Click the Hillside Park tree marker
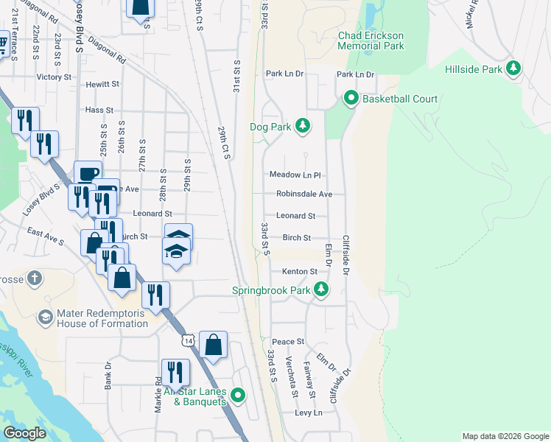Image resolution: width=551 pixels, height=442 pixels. click(513, 69)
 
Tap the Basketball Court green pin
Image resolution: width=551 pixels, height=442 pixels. click(351, 98)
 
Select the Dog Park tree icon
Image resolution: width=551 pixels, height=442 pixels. click(302, 126)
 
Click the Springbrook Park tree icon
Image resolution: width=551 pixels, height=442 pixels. click(320, 290)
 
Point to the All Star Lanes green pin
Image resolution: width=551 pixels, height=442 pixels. click(238, 396)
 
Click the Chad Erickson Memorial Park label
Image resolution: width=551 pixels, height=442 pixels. click(371, 41)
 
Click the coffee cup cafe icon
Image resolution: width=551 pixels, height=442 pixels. click(88, 174)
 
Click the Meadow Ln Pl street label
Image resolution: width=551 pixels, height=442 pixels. click(295, 175)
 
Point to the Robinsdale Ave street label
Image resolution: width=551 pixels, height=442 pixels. click(304, 194)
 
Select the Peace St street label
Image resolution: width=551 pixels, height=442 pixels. click(288, 342)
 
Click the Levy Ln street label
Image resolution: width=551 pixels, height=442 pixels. click(309, 413)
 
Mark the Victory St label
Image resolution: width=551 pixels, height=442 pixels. click(54, 77)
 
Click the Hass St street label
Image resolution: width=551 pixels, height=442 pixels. click(99, 109)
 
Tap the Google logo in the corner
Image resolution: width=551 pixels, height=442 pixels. click(25, 432)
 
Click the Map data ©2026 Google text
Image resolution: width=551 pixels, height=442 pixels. click(505, 436)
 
